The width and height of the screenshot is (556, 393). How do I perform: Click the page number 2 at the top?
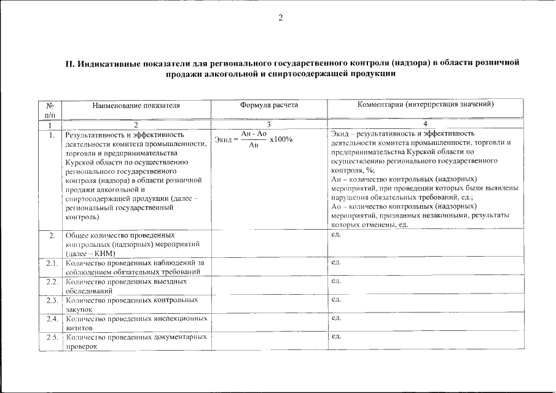pos(280,18)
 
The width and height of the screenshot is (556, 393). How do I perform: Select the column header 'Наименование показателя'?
pos(136,105)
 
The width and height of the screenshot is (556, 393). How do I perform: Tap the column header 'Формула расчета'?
pos(269,105)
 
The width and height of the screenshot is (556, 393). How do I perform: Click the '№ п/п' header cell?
pos(50,110)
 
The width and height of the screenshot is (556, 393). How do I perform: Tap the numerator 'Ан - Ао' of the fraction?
pos(253,134)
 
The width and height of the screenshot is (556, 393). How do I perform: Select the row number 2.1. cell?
pos(52,263)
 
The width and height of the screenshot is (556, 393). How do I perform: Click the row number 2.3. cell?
pos(52,300)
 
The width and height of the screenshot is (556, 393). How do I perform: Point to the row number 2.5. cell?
pos(52,337)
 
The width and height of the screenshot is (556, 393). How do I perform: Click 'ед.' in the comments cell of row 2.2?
pos(335,281)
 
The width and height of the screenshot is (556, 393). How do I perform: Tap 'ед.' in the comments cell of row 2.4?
pos(335,318)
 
